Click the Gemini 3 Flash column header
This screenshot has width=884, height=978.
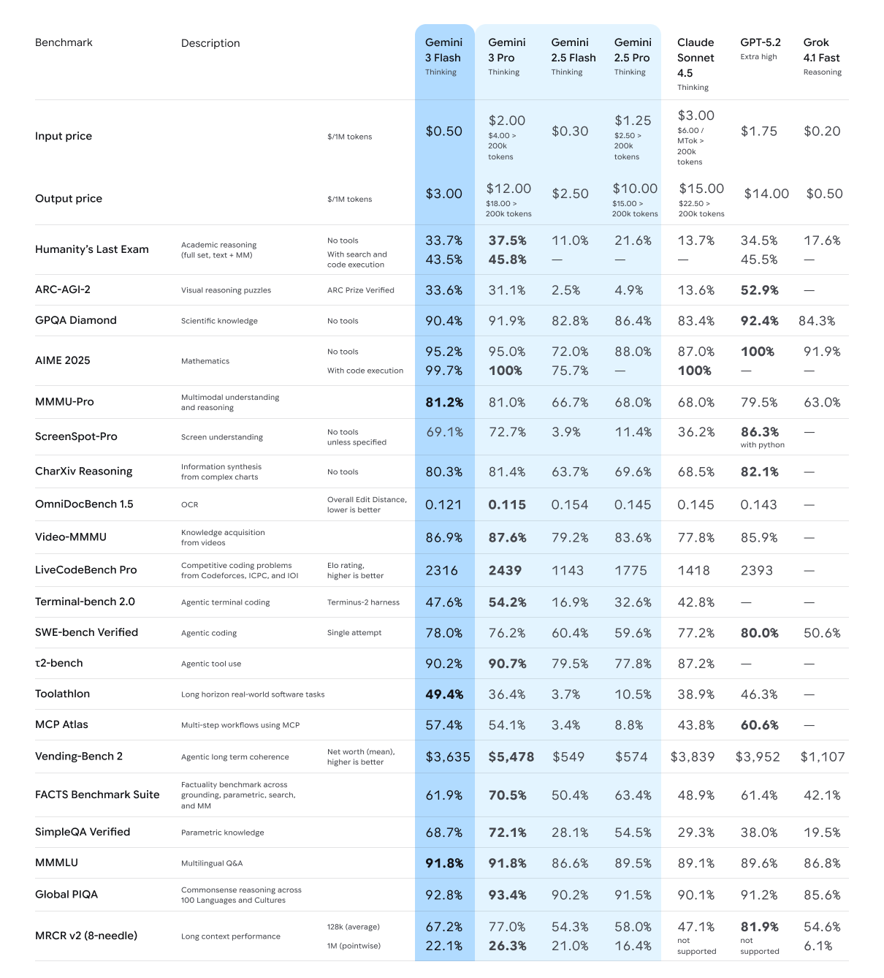(443, 50)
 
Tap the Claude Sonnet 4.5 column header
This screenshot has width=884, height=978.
(696, 58)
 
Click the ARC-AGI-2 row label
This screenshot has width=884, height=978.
(63, 289)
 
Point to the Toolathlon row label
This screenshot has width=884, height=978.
(63, 694)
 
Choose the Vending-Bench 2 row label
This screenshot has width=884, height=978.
(79, 756)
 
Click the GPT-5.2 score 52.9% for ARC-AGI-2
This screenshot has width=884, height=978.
(759, 290)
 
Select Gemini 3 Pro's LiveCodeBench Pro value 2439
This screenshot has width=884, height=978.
(505, 570)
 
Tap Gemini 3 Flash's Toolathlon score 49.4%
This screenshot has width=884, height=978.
(444, 694)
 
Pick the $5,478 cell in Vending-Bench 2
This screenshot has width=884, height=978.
(511, 757)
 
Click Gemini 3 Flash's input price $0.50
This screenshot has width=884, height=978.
(444, 131)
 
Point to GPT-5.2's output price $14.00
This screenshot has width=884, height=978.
(766, 194)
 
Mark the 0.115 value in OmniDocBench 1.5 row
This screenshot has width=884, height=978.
(506, 504)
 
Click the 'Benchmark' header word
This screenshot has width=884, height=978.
(64, 42)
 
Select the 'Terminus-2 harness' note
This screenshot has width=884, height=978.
(363, 602)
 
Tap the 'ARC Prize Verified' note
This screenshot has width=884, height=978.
(360, 290)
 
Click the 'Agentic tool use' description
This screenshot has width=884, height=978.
(211, 664)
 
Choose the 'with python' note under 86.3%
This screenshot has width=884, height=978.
(762, 444)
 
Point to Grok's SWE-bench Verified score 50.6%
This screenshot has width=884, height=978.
(822, 633)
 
